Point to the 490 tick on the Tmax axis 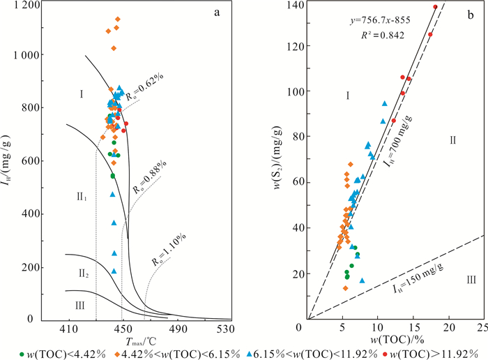click(x=177, y=329)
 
